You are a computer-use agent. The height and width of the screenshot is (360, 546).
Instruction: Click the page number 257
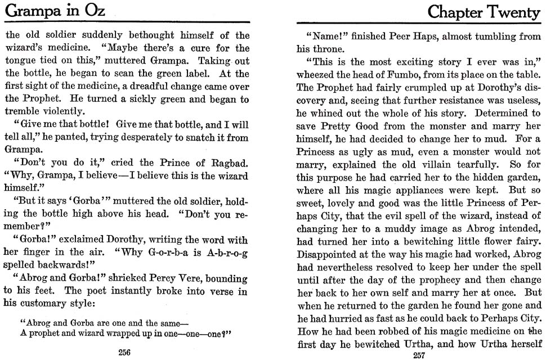click(x=418, y=355)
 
